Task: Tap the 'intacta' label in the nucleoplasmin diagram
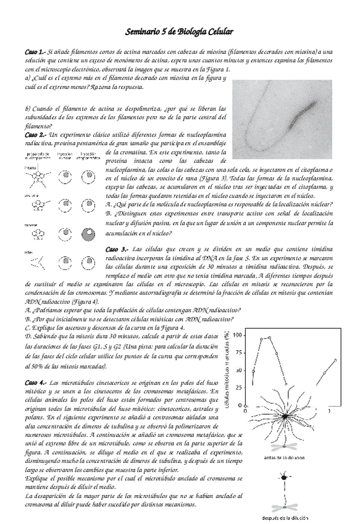[x=30, y=167]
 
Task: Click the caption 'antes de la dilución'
[x=283, y=458]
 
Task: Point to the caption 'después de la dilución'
[x=283, y=518]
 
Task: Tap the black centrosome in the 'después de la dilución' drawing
[x=284, y=477]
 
